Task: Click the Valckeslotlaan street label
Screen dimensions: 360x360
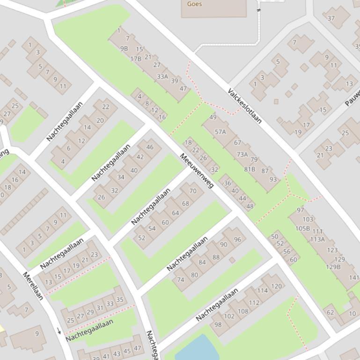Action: [244, 106]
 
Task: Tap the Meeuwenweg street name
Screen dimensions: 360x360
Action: [197, 171]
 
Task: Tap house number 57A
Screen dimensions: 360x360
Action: [220, 132]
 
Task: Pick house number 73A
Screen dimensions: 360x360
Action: [242, 154]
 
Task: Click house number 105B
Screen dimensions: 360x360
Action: [302, 228]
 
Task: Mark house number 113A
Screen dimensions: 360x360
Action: [317, 239]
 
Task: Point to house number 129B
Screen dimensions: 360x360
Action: [333, 267]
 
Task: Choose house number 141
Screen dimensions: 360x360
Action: [354, 278]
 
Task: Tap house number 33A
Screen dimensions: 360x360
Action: [162, 76]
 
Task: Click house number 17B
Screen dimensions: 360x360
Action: [136, 59]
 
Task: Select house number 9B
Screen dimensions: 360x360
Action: [124, 48]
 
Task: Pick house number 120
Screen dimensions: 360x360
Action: [277, 286]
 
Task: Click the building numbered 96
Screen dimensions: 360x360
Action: [237, 240]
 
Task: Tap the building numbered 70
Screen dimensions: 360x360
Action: [193, 191]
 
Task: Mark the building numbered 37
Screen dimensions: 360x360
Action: [331, 19]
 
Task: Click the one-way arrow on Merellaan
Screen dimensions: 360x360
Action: [59, 331]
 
